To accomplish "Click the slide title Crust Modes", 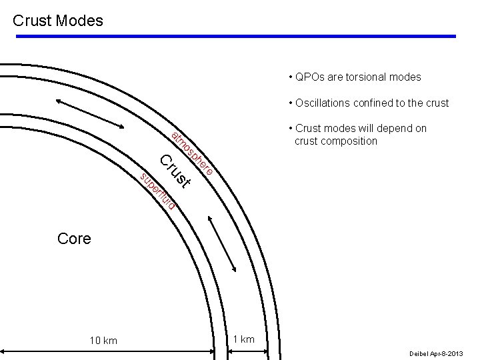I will tap(58, 21).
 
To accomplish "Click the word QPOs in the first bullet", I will tap(309, 77).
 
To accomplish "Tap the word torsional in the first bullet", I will tap(365, 77).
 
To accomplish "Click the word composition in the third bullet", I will tap(349, 141).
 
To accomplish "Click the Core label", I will tap(74, 239).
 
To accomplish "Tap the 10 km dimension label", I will tap(103, 341).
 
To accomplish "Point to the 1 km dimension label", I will tap(244, 339).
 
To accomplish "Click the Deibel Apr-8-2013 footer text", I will tap(437, 353).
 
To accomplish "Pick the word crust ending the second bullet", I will tap(436, 103).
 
